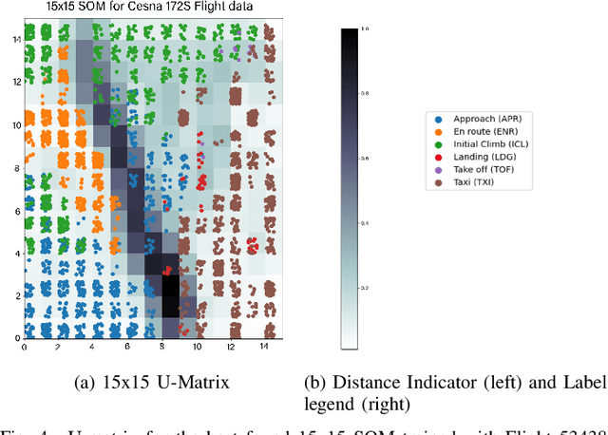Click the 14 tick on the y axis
point(16,40)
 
